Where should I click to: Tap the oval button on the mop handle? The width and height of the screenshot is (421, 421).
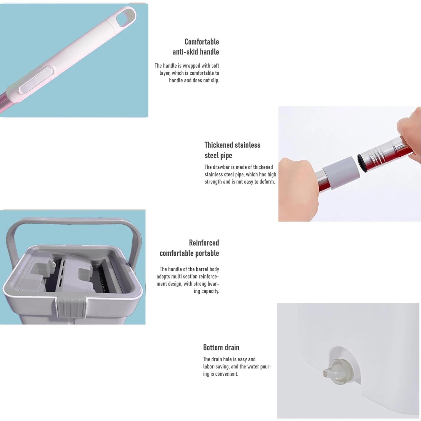coord(36,80)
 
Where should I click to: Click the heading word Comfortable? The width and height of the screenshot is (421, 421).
coord(202,42)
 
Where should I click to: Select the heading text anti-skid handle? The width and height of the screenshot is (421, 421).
coord(195,52)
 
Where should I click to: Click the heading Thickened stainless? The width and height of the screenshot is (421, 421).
coord(232,145)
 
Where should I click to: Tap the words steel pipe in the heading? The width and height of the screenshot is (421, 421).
coord(218,155)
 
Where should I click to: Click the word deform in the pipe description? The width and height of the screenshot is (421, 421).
coord(267,182)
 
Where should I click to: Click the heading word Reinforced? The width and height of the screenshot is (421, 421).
coord(204,243)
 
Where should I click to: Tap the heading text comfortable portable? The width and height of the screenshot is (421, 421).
coord(189,253)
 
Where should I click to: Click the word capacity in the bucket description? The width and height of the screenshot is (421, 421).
coord(210,291)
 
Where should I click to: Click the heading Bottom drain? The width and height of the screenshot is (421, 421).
coord(221,347)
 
